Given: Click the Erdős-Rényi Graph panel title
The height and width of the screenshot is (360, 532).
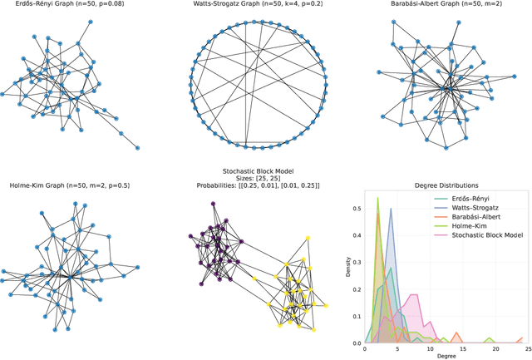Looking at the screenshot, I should (72, 5).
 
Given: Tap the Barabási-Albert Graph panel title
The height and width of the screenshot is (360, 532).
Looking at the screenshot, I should (444, 5).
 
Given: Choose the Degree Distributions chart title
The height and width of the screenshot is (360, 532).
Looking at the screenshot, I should (443, 185).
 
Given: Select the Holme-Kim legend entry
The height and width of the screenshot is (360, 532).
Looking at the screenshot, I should (470, 226).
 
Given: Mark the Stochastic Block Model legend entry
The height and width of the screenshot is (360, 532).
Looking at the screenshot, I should (487, 235).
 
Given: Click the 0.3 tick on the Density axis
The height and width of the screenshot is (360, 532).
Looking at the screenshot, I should (356, 262).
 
